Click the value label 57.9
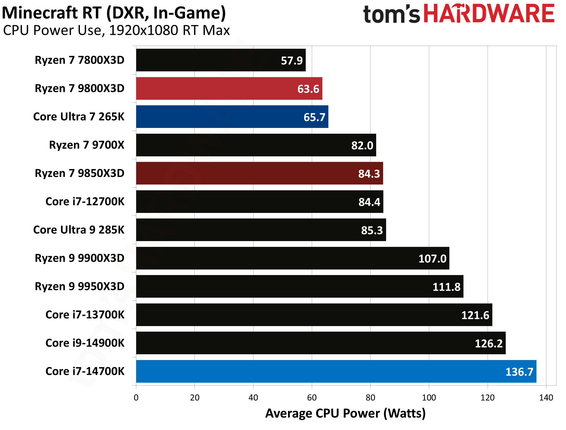[292, 61]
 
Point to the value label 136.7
[519, 372]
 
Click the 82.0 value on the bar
[362, 145]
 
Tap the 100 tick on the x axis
[429, 398]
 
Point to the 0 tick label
[136, 398]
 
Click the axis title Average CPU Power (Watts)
[345, 413]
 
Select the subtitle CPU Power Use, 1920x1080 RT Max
[116, 30]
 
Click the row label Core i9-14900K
[85, 343]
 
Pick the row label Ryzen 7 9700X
[87, 145]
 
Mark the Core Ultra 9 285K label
[79, 230]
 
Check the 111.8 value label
[446, 287]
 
